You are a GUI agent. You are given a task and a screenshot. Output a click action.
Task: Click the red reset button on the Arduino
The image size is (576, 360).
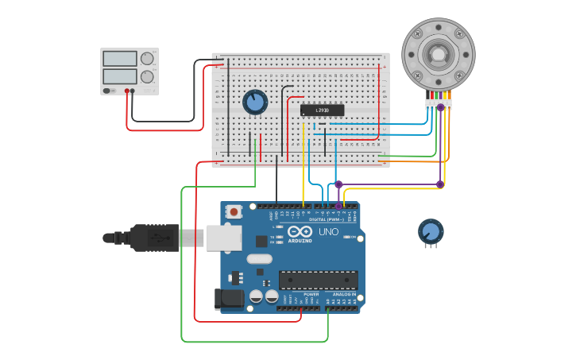pos(234,212)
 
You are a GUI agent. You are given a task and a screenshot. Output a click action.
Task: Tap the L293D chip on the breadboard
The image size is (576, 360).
pos(322,110)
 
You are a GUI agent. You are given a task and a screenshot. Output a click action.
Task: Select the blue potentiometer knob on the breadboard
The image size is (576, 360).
pos(255,102)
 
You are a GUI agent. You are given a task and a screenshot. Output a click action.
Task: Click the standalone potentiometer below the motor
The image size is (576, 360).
pos(431,231)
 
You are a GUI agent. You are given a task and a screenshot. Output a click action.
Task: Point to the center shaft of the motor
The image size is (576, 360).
pos(438,53)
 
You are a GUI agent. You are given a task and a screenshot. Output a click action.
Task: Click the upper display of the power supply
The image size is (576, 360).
pos(120,59)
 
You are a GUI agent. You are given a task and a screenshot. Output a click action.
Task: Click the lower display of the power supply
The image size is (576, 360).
pos(120,76)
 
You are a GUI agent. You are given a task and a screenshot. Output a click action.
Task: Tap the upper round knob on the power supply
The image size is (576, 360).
pos(147,59)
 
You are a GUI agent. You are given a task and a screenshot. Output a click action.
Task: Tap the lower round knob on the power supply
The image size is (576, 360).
pos(147,77)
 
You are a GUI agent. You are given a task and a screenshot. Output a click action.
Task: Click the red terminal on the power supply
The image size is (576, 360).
pos(126,91)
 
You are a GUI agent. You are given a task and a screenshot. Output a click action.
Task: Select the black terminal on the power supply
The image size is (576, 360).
pos(133,91)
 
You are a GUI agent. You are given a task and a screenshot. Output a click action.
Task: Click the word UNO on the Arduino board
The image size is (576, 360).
pos(328,232)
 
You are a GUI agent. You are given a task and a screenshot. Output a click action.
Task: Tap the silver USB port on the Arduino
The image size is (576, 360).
pos(223,238)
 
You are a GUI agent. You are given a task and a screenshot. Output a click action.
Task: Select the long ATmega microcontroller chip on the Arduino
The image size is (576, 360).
pos(318,280)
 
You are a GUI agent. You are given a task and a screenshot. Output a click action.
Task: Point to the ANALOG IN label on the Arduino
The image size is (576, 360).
pos(342,294)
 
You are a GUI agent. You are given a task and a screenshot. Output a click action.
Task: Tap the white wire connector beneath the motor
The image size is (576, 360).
pos(438,105)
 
